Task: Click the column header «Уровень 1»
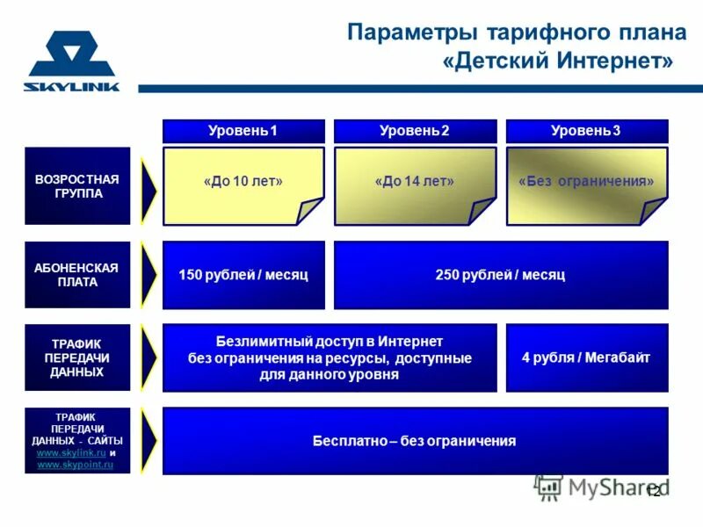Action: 243,131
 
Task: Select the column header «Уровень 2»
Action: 415,131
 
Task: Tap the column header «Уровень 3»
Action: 586,131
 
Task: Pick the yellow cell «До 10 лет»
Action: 243,182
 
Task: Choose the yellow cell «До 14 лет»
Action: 415,182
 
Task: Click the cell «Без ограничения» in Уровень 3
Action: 586,182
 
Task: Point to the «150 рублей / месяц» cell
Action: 243,275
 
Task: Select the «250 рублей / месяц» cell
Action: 500,275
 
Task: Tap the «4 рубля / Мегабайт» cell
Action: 586,357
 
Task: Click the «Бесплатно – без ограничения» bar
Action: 415,441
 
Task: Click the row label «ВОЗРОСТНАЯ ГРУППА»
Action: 76,186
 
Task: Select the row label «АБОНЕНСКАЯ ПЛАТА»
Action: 76,275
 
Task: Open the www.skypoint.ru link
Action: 76,464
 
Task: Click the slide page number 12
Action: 653,491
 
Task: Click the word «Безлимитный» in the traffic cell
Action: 256,341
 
